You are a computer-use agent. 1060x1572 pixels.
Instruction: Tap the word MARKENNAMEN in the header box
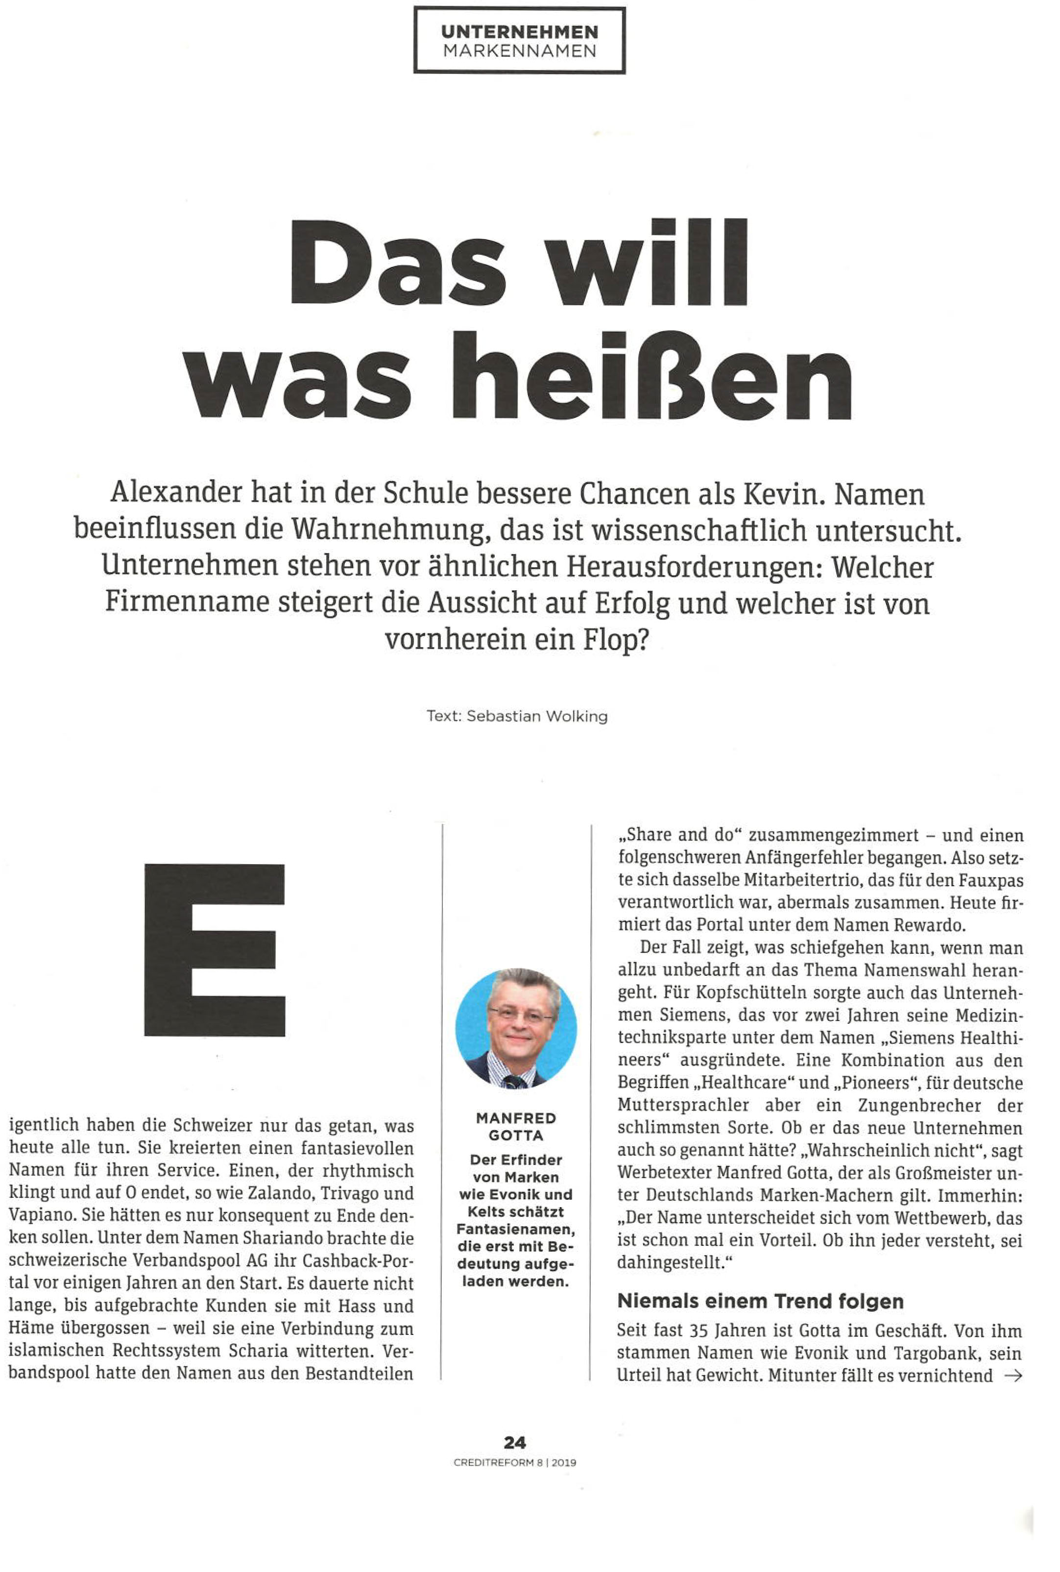point(519,51)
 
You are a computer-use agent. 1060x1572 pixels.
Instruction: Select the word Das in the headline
point(398,263)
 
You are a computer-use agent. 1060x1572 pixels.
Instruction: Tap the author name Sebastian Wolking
point(537,717)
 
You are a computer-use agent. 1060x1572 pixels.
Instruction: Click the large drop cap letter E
point(214,949)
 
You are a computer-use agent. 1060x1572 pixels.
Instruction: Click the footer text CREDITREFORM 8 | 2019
point(515,1462)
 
